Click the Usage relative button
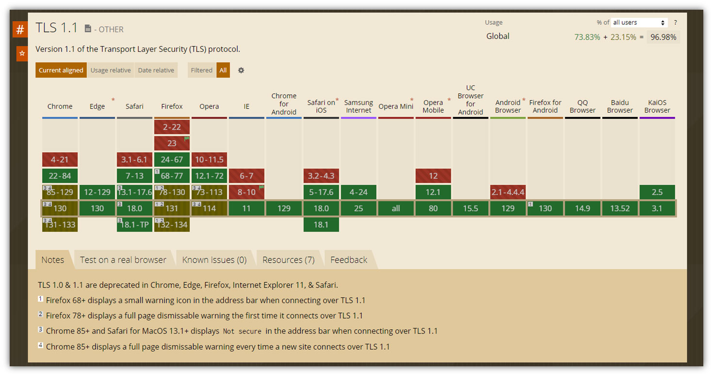point(111,70)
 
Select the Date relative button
point(156,70)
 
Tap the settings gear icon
point(241,70)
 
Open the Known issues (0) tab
point(214,260)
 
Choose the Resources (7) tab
point(289,260)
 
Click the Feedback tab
point(349,260)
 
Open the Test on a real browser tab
point(123,260)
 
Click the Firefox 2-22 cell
point(172,127)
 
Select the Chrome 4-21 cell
point(60,159)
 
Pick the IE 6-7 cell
point(246,176)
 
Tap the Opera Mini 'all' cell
point(396,208)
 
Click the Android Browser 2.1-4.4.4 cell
point(508,192)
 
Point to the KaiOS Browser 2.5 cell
point(657,192)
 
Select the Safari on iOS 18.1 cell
point(321,224)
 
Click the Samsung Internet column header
point(358,106)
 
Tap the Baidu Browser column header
point(620,106)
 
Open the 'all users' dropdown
point(639,22)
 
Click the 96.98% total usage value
point(663,37)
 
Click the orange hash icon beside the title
point(20,30)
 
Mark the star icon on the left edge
point(22,53)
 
